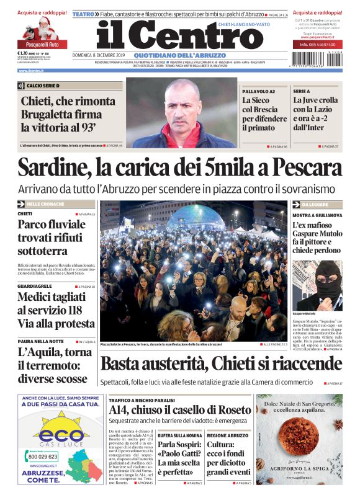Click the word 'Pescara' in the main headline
(x=298, y=168)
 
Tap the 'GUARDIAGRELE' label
(x=31, y=287)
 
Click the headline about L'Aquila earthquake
(x=53, y=365)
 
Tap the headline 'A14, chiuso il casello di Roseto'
(x=179, y=410)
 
